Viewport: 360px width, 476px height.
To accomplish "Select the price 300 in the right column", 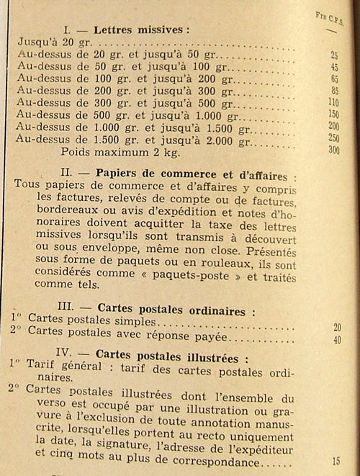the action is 333,150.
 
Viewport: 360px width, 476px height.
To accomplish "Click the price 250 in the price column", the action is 333,138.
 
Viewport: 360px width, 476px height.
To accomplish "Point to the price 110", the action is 333,103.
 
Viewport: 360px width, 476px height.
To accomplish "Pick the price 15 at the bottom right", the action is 336,461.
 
